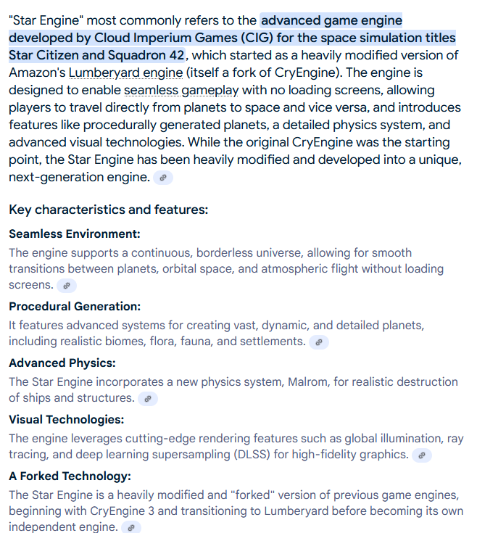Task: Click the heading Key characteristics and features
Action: tap(108, 210)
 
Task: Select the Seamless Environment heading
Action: tap(74, 234)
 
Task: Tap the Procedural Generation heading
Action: tap(75, 306)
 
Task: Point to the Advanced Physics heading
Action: tap(62, 363)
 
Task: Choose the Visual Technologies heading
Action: tap(66, 419)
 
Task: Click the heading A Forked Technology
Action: tap(70, 476)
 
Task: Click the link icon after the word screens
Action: tap(67, 286)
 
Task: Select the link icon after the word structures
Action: tap(148, 399)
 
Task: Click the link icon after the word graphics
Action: tap(422, 455)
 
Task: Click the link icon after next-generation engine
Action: tap(164, 178)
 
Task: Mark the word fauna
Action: tap(189, 342)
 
